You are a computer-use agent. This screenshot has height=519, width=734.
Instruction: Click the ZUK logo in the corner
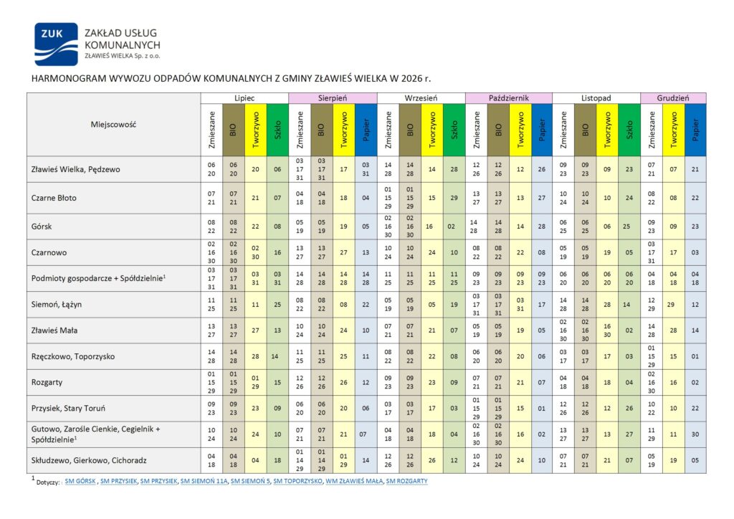tap(56, 44)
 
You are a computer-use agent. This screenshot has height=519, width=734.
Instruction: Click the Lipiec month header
tap(244, 97)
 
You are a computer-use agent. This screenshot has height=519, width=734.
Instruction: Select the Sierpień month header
tap(333, 97)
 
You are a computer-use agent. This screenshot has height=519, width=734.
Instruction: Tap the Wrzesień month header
tap(421, 97)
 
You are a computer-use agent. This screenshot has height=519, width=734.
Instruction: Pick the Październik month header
tap(509, 97)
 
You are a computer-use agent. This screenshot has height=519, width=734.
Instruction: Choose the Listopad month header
tap(596, 97)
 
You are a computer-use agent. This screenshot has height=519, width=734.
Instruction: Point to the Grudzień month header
tap(674, 97)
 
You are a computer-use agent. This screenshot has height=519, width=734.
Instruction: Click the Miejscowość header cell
tap(113, 124)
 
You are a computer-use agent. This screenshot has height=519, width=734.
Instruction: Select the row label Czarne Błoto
tap(54, 198)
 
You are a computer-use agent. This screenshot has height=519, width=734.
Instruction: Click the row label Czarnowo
tap(49, 252)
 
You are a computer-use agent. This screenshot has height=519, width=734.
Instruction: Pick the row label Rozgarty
tap(48, 382)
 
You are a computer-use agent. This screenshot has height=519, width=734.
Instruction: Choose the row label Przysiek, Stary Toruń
tap(69, 409)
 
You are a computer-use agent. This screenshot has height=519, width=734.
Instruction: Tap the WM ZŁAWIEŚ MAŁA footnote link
tap(355, 481)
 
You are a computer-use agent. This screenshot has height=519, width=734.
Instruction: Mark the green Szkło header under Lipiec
tap(277, 130)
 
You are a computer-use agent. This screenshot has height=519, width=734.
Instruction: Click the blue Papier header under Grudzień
tap(695, 130)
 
